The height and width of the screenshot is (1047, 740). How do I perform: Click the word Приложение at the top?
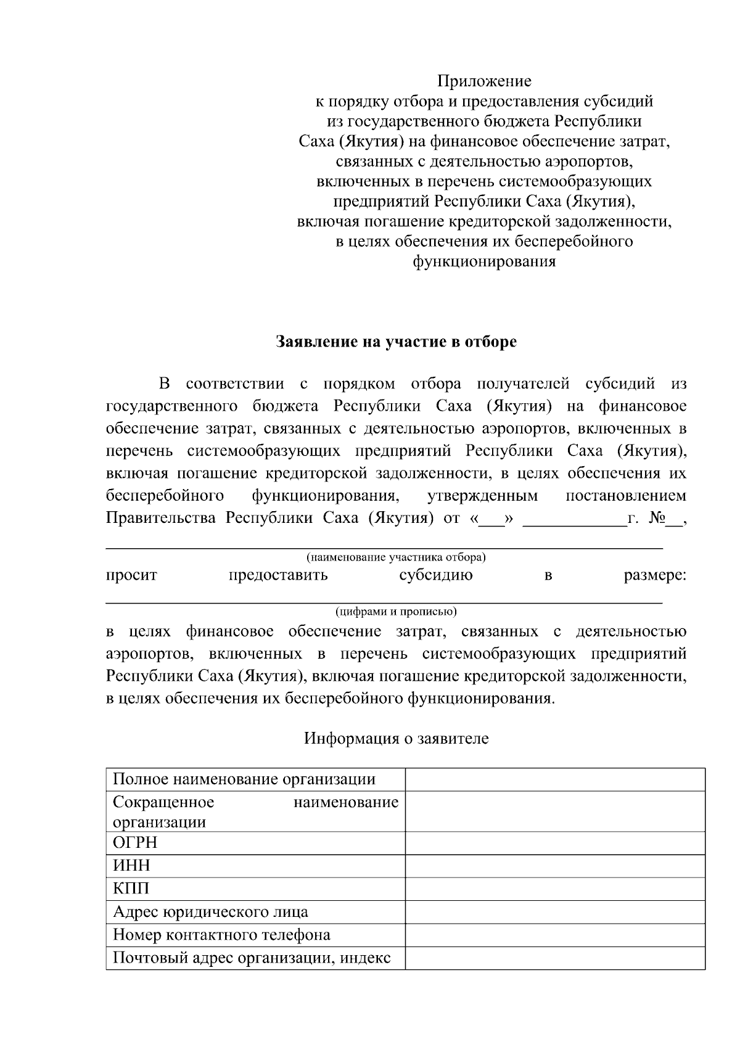pos(484,81)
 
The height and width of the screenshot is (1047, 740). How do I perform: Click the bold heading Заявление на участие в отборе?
pos(396,342)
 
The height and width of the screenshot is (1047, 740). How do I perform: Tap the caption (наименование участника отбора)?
pos(396,557)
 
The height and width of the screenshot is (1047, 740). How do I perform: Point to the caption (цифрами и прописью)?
pos(396,612)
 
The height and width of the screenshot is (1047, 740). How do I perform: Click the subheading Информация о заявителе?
pos(396,738)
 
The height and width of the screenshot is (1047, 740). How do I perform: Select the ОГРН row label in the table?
pos(135,842)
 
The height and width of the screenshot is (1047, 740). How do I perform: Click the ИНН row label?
pos(131,866)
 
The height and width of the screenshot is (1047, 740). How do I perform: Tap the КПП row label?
pos(131,889)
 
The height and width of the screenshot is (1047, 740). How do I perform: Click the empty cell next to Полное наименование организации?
pos(555,779)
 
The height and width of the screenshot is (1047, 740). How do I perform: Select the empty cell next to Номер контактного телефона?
pos(555,935)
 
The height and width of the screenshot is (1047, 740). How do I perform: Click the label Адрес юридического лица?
pos(210,911)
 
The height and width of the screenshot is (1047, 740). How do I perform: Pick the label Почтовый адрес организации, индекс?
pos(252,958)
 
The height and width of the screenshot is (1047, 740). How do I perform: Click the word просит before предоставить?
pos(131,576)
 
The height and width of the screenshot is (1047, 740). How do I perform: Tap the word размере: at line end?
pos(654,576)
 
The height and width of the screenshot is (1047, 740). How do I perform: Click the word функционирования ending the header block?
pos(484,261)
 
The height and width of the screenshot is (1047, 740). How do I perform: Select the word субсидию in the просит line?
pos(435,576)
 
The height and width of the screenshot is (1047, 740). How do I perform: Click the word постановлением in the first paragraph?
pos(625,496)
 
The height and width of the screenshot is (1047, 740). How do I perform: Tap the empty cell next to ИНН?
pos(555,866)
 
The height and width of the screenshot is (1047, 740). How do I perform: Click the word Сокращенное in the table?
pos(163,802)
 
